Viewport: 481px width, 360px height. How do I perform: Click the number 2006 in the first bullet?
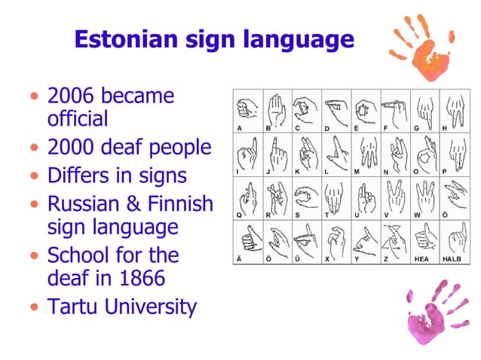coord(71,96)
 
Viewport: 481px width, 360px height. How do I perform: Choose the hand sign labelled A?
coord(247,109)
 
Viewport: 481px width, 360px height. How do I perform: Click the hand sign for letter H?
coord(453,109)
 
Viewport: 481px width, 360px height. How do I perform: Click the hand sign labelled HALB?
coord(454,239)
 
